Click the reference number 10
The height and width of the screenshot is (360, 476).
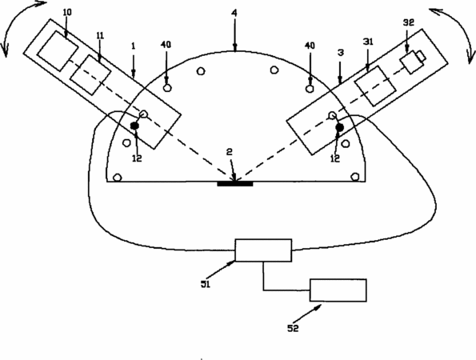[67, 13]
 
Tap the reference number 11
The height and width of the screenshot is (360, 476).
[100, 35]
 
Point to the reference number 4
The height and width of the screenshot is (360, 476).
[234, 13]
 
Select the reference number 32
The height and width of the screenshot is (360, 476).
[408, 22]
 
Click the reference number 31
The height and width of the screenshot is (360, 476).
[368, 42]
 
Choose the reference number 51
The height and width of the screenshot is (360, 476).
[206, 285]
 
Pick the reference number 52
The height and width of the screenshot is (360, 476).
[293, 328]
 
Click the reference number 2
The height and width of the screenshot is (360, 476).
[230, 152]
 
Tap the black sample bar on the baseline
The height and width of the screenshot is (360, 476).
[235, 184]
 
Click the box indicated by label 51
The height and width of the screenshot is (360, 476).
[263, 250]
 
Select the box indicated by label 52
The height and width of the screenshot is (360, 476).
[338, 290]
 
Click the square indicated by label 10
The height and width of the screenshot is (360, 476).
[58, 51]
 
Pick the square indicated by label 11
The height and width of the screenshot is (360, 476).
[90, 75]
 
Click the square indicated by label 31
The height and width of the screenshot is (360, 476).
[375, 86]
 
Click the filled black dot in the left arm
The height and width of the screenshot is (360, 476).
[134, 126]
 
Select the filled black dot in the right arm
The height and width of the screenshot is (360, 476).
[340, 128]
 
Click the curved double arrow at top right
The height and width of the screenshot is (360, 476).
[458, 25]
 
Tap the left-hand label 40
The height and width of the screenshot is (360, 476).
[166, 45]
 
